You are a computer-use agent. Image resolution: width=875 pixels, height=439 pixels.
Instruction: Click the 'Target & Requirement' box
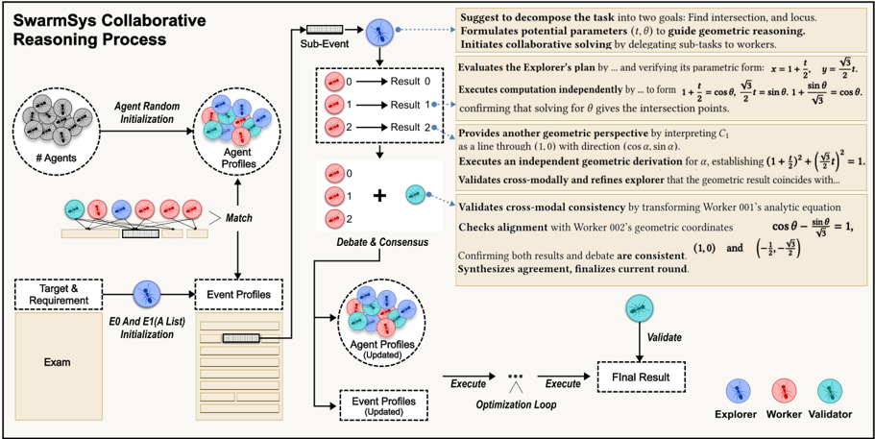(60, 293)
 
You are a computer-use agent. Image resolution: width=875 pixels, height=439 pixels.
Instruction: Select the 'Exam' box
(60, 362)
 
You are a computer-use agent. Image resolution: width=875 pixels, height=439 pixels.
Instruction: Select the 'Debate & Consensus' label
(381, 241)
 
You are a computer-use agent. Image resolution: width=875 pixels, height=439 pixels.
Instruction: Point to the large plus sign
(379, 196)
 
